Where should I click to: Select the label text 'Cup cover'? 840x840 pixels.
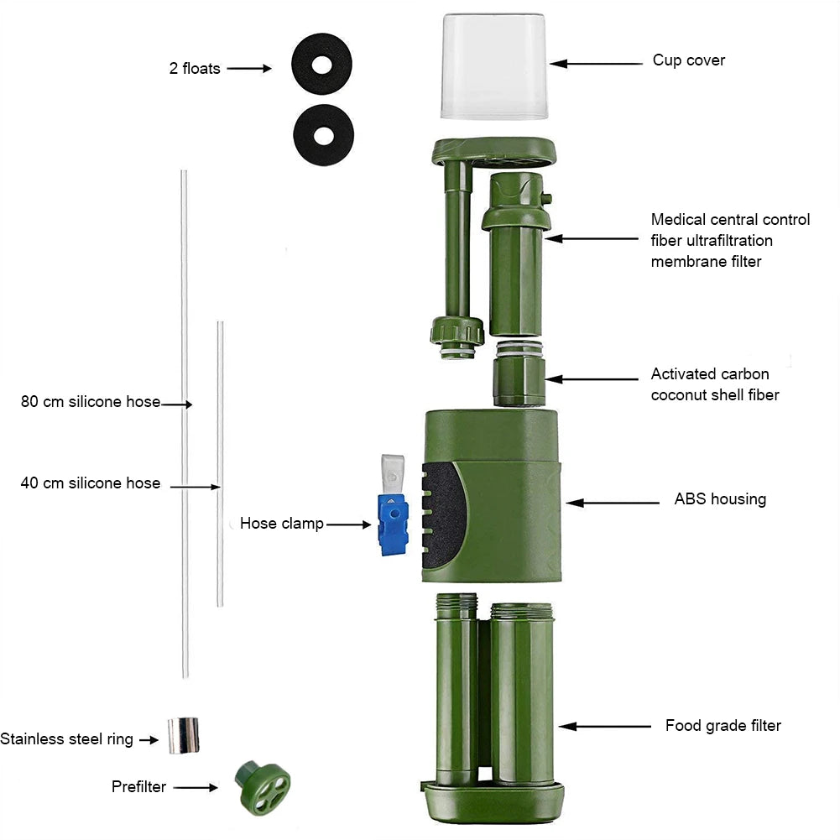(688, 60)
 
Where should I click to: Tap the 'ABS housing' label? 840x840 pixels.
(720, 499)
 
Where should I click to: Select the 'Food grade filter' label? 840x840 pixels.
(723, 726)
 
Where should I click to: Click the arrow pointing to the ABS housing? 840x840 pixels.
(613, 503)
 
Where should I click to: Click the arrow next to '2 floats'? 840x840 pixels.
(249, 69)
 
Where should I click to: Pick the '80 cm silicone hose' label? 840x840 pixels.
(90, 402)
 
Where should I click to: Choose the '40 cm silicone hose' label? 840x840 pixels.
(90, 483)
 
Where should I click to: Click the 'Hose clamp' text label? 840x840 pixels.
(281, 524)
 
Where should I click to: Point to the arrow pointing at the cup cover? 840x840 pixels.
(595, 63)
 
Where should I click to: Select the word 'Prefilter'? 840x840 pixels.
(138, 787)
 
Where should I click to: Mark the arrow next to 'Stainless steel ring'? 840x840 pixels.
(149, 739)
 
